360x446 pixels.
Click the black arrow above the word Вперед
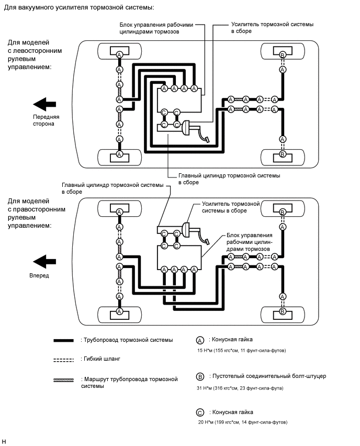43,260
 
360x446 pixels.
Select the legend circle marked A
200,340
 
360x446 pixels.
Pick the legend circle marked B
200,376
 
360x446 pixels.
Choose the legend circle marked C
200,412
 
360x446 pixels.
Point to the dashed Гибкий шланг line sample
63,360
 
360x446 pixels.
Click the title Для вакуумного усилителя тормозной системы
78,8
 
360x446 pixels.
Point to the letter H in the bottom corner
4,441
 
